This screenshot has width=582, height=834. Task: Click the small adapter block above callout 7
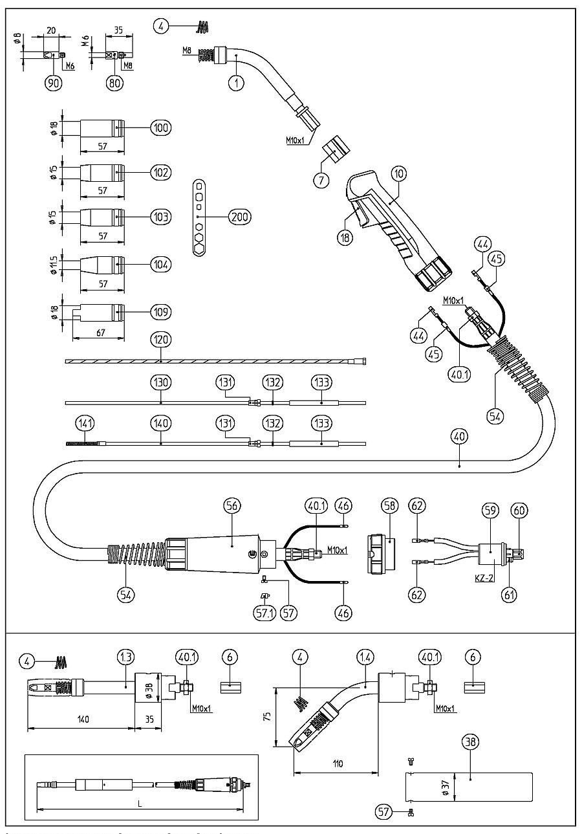coord(336,149)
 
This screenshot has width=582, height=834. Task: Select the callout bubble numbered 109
coord(160,312)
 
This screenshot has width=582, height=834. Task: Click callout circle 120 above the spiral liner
coord(160,338)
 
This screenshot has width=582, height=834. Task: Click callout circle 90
coord(54,82)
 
